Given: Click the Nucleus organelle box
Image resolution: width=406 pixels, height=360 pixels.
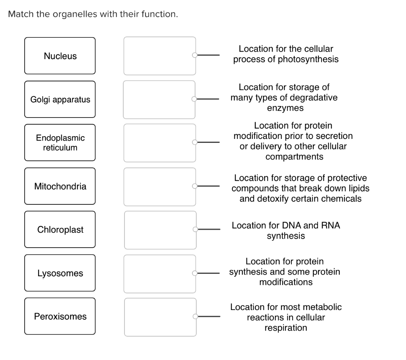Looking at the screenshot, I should (60, 56).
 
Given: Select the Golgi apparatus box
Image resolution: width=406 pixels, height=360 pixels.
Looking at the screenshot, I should (60, 99).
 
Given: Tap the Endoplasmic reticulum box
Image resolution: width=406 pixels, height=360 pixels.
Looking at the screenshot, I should (60, 142).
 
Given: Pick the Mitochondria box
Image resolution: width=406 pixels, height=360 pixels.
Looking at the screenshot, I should (60, 186).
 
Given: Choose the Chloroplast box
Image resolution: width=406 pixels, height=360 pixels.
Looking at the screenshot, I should (60, 230).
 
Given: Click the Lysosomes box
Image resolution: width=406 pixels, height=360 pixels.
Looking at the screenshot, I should (60, 273).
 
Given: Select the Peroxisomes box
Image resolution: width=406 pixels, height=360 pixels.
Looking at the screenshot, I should (60, 316).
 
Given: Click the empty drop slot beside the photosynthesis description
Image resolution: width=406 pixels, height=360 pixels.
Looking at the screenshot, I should (159, 56).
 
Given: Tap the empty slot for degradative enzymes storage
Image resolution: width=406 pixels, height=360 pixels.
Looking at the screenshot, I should (159, 99).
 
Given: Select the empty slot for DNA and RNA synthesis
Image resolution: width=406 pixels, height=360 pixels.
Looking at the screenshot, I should (160, 230).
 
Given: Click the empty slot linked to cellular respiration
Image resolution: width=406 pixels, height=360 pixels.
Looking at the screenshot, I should (160, 317).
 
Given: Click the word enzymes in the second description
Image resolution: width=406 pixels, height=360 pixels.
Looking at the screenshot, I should (285, 108).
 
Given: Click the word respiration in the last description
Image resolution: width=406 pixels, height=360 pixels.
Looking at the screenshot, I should (285, 328).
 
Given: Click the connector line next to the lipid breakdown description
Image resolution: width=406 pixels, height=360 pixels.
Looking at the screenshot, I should (209, 186).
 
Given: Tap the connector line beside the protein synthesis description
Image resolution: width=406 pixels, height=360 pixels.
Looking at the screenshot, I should (209, 273).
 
